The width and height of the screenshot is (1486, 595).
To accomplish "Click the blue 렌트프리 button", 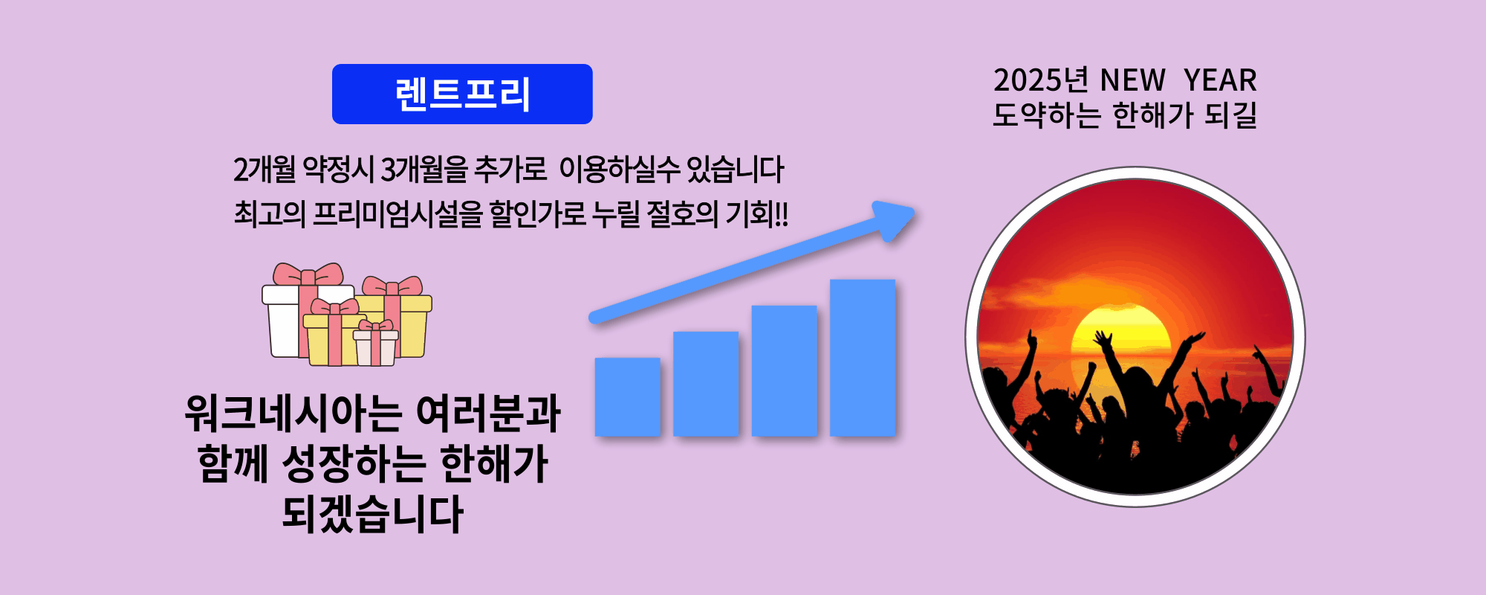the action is point(462,94).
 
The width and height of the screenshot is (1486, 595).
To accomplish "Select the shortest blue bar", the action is point(628,396).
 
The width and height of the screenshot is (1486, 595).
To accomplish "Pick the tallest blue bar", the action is point(863,357).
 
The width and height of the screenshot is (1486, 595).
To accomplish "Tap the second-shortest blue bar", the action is point(706,383).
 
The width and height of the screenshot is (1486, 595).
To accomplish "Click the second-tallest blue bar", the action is point(784,370).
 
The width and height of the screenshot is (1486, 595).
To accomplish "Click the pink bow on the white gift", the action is point(308,274).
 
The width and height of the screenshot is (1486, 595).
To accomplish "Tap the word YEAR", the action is point(1220,80).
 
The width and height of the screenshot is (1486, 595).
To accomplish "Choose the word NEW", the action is point(1132,80).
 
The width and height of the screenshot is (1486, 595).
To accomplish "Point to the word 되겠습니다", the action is point(372,513).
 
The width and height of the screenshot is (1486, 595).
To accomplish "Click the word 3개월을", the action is point(424,170).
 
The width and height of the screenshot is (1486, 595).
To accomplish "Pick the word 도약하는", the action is point(1047,115).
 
